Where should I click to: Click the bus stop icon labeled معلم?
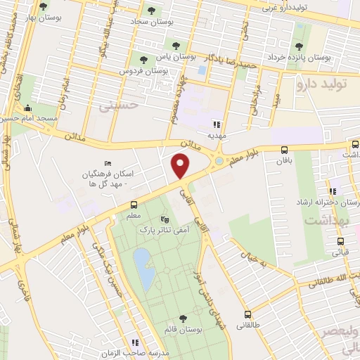[134, 205]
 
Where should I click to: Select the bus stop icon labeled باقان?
[284, 150]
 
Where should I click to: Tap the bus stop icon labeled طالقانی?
[247, 314]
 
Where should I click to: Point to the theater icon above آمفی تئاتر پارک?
[165, 220]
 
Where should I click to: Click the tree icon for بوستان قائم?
[183, 319]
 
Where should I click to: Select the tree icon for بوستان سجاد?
[150, 10]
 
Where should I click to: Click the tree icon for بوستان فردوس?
[144, 60]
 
